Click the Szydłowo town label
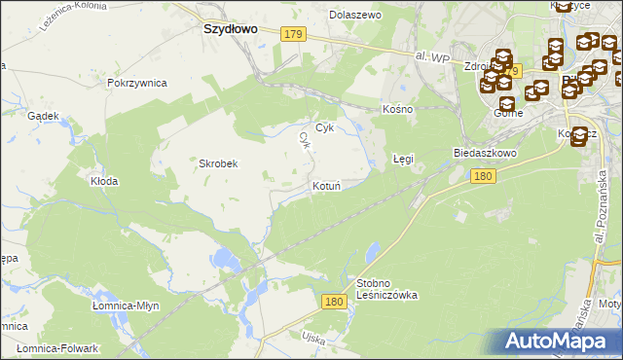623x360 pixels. pyautogui.click(x=230, y=29)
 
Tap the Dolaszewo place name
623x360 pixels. pyautogui.click(x=355, y=16)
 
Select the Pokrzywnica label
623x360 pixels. pyautogui.click(x=137, y=84)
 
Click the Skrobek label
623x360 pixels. pyautogui.click(x=219, y=163)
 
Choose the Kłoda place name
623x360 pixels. pyautogui.click(x=104, y=181)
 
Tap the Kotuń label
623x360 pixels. pyautogui.click(x=326, y=186)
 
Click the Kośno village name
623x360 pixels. pyautogui.click(x=397, y=109)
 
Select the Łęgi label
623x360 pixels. pyautogui.click(x=403, y=158)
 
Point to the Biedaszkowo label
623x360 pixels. pyautogui.click(x=484, y=154)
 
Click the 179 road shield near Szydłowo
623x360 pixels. pyautogui.click(x=294, y=35)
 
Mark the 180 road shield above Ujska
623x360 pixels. pyautogui.click(x=334, y=303)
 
